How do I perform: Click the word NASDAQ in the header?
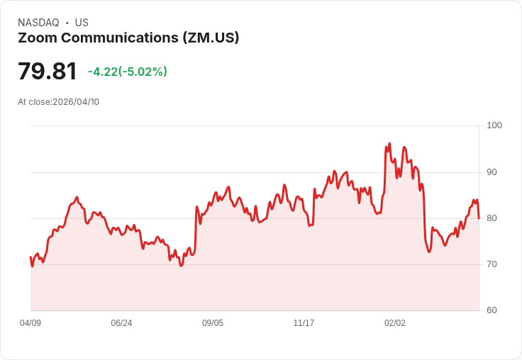pyautogui.click(x=38, y=23)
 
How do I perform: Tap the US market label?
pyautogui.click(x=82, y=23)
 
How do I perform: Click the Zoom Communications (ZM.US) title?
pyautogui.click(x=128, y=38)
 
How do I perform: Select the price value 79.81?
pyautogui.click(x=47, y=72)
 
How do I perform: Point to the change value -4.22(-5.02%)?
pyautogui.click(x=128, y=72)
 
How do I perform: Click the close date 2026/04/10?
pyautogui.click(x=76, y=102)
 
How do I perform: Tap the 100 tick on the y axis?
pyautogui.click(x=494, y=125)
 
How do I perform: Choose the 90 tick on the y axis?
pyautogui.click(x=492, y=172)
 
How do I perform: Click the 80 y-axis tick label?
pyautogui.click(x=492, y=218)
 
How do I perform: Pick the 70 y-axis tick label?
pyautogui.click(x=492, y=264)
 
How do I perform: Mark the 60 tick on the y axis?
pyautogui.click(x=492, y=310)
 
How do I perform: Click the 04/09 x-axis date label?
pyautogui.click(x=30, y=323)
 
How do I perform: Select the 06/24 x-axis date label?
pyautogui.click(x=121, y=323)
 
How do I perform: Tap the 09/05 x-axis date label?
pyautogui.click(x=213, y=323)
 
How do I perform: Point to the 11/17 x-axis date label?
pyautogui.click(x=304, y=323)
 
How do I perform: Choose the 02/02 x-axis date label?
pyautogui.click(x=395, y=323)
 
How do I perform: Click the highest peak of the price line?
pyautogui.click(x=389, y=144)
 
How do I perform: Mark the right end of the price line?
pyautogui.click(x=479, y=218)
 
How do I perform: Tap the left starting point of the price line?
pyautogui.click(x=30, y=257)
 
